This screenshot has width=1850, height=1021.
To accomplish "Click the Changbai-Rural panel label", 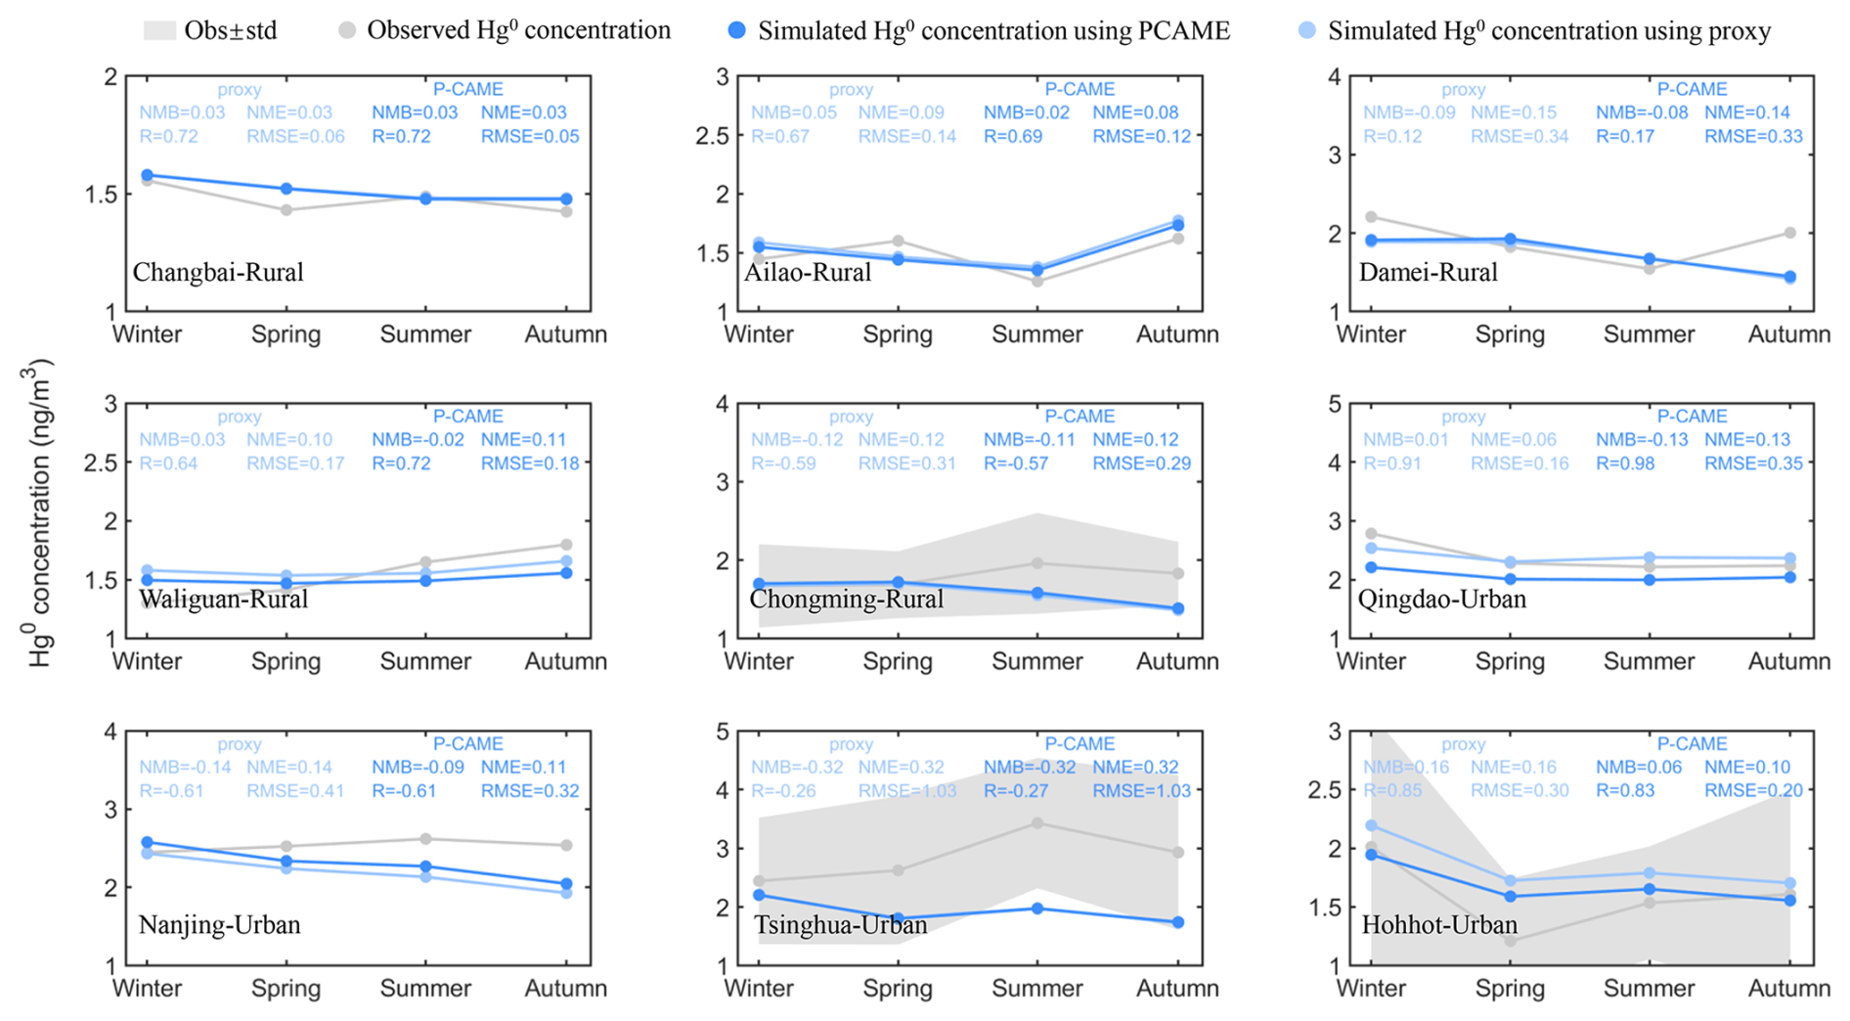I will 218,272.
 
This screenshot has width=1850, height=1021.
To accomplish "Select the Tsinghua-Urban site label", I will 840,924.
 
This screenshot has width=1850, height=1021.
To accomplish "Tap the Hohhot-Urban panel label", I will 1439,924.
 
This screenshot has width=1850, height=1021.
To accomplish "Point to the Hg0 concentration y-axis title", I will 39,514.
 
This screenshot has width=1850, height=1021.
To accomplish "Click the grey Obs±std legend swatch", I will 159,31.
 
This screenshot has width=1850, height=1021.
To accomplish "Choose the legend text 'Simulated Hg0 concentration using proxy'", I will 1549,31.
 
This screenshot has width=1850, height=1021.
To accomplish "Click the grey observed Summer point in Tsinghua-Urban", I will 1037,823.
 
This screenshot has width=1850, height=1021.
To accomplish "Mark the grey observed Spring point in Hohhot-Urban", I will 1511,941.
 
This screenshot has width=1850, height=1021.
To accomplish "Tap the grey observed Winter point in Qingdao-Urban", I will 1371,534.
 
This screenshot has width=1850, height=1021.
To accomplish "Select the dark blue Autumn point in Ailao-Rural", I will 1178,226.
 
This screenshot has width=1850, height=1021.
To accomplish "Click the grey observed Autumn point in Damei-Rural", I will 1789,233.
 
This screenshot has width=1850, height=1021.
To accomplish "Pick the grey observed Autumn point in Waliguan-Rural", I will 566,545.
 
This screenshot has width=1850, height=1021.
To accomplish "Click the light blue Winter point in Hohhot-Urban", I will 1371,825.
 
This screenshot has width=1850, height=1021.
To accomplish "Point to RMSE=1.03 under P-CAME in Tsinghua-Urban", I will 1141,791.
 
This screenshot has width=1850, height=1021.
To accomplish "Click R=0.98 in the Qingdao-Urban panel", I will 1625,464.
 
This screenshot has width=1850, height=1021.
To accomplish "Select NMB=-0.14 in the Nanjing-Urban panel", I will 185,768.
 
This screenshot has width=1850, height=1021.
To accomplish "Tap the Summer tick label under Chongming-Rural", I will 1036,662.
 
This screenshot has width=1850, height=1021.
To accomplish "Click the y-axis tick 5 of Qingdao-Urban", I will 1332,405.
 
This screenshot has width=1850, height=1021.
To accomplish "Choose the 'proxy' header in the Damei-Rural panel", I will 1463,90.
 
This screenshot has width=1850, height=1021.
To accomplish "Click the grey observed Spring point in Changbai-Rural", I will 286,210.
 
